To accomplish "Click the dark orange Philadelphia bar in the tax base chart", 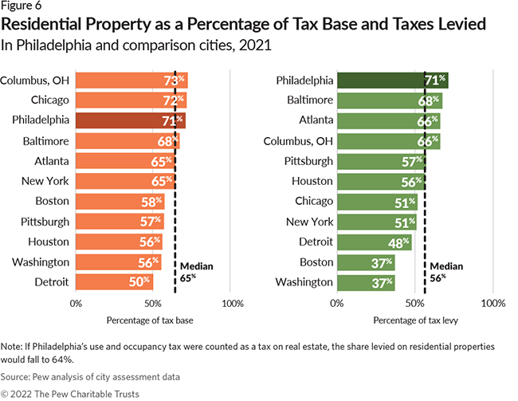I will pos(131,120).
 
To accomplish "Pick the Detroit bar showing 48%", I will pos(374,242).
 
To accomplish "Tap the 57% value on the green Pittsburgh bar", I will pos(413,161).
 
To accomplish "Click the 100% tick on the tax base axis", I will pos(232,304).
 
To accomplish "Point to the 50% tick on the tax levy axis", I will pos(414,304).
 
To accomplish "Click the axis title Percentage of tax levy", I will pos(409,320).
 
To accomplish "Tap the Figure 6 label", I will pos(22,6).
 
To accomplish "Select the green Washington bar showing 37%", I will pos(366,281).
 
